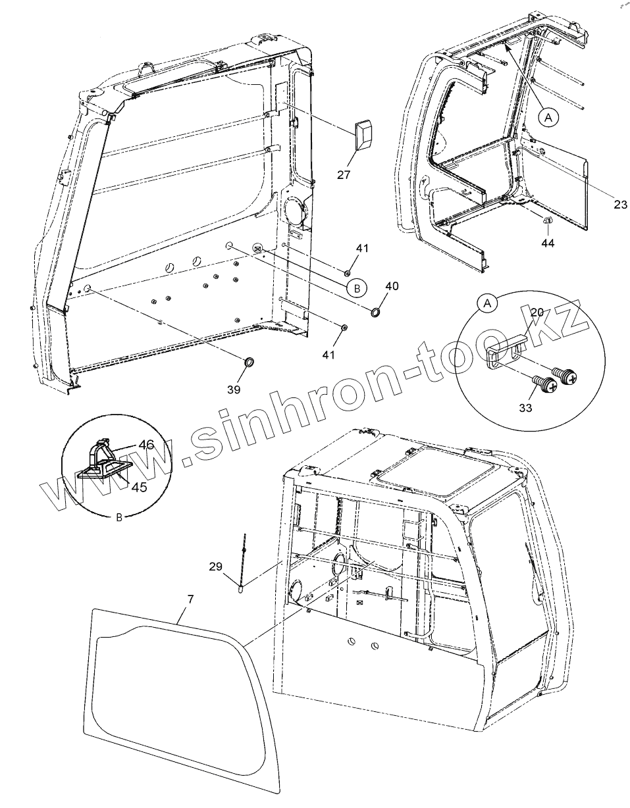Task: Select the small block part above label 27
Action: click(x=364, y=136)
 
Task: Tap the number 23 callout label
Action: click(x=620, y=205)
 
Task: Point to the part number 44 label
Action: click(x=548, y=243)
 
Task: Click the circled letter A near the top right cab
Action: click(x=548, y=116)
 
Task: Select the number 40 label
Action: click(x=392, y=286)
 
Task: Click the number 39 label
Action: click(x=234, y=390)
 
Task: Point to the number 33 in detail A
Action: click(x=525, y=408)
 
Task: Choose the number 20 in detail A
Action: click(x=537, y=313)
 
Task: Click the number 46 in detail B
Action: click(x=147, y=445)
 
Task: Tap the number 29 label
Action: click(x=216, y=566)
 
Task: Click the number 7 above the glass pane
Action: click(x=190, y=599)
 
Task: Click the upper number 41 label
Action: click(x=363, y=248)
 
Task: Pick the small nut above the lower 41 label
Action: click(x=344, y=328)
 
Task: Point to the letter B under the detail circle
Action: click(x=119, y=517)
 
